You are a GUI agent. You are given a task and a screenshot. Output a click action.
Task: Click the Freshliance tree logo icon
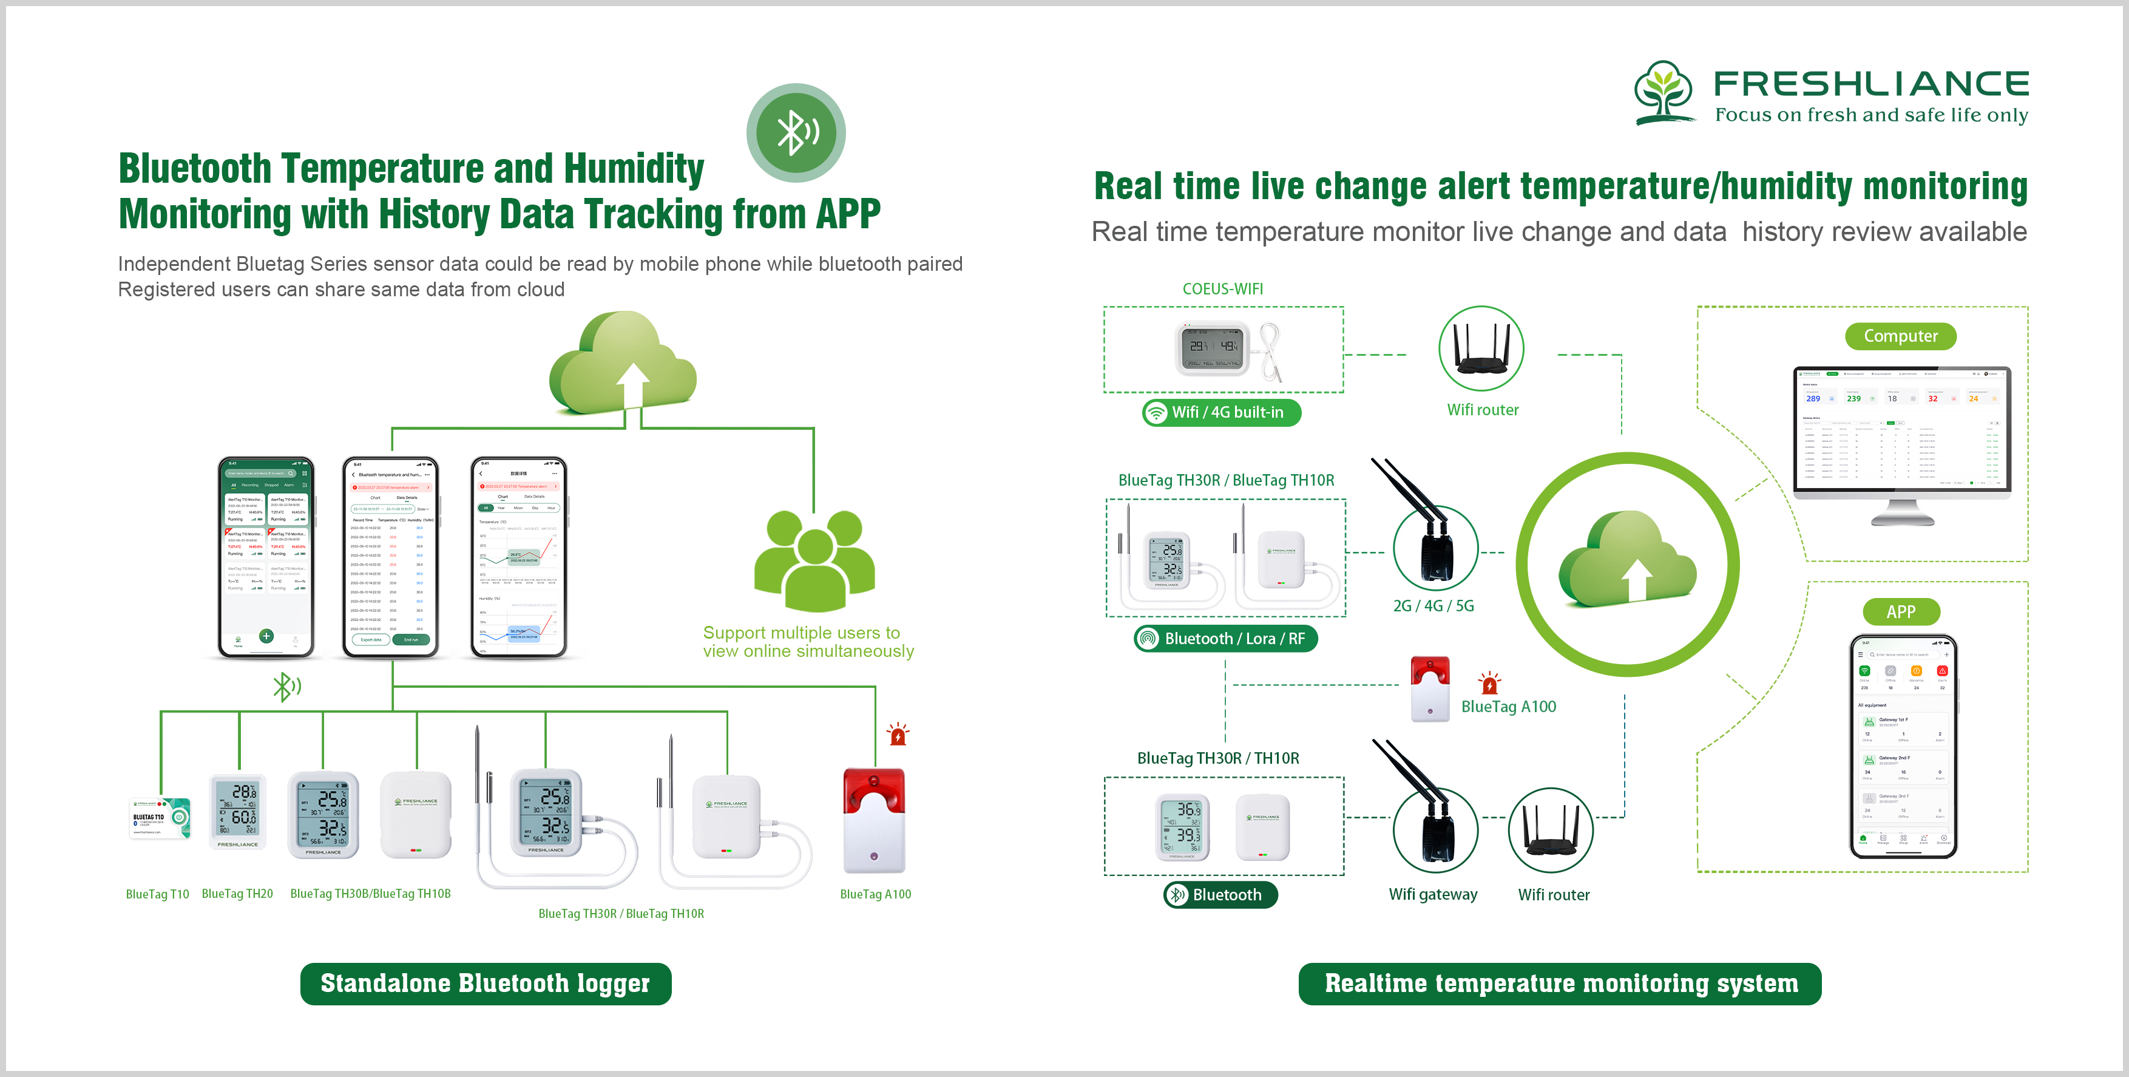coord(1663,92)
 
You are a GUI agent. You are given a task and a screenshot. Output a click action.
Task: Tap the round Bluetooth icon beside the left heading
coord(795,132)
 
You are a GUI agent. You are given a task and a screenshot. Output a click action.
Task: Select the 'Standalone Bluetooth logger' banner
coord(485,983)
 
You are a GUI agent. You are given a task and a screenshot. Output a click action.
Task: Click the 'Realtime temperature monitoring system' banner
coord(1560,983)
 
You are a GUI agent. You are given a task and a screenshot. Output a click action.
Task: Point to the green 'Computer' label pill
coord(1900,336)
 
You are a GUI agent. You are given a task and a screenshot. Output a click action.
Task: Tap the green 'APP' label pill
coord(1900,611)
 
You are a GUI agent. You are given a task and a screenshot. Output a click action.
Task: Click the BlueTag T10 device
coord(160,818)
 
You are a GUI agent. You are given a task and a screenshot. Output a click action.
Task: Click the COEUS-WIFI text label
coord(1222,288)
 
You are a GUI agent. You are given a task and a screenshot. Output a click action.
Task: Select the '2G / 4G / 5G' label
coord(1433,606)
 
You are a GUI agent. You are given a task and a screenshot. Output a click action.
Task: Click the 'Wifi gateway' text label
coord(1432,894)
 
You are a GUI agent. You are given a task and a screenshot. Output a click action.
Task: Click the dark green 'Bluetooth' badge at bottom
coord(1220,894)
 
